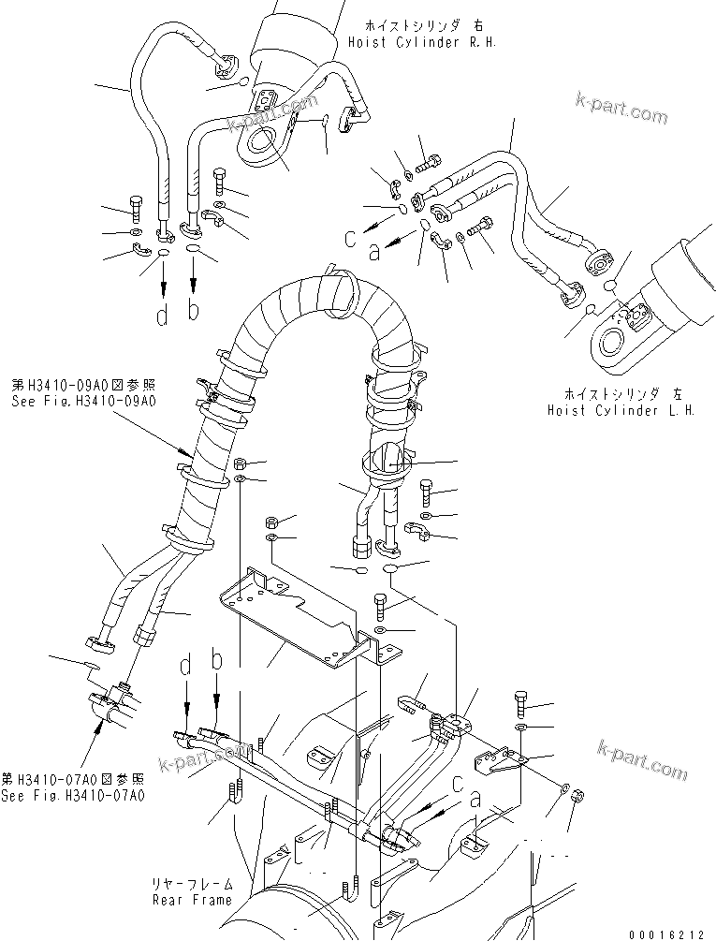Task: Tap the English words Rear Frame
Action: click(x=193, y=900)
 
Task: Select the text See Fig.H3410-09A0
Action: click(x=82, y=400)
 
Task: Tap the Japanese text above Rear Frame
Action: click(x=193, y=884)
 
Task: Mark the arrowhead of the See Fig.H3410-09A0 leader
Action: click(x=192, y=456)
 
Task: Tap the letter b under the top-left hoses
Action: click(x=194, y=312)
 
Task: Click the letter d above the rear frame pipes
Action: click(x=185, y=667)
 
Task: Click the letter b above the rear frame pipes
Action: click(x=217, y=662)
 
